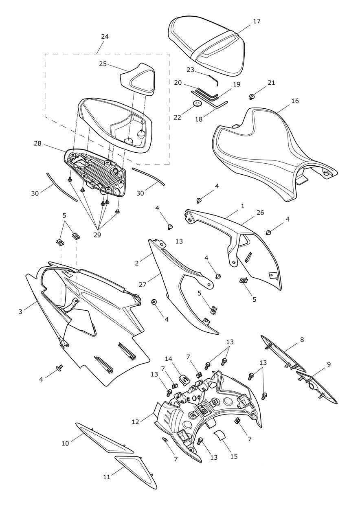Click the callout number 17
[257, 21]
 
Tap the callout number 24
[105, 36]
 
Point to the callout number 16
[295, 101]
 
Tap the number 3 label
[20, 312]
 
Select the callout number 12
[136, 422]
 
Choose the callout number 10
[65, 443]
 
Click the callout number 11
[107, 477]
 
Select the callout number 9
[329, 364]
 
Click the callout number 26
[260, 213]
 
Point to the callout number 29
[97, 235]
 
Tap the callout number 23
[190, 70]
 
